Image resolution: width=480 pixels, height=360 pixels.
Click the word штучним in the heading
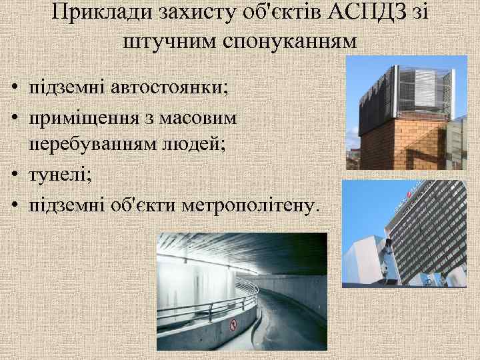pyautogui.click(x=165, y=41)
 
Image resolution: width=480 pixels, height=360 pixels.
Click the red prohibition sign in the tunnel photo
pyautogui.click(x=233, y=325)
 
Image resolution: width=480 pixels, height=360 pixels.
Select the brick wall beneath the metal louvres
pyautogui.click(x=400, y=143)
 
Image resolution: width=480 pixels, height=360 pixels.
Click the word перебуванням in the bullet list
pyautogui.click(x=103, y=145)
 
